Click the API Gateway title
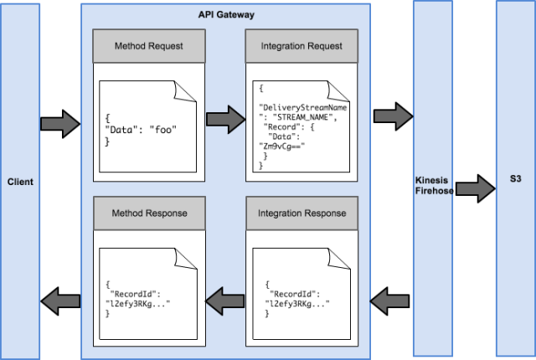pyautogui.click(x=226, y=15)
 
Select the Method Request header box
pyautogui.click(x=149, y=46)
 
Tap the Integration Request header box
pyautogui.click(x=301, y=46)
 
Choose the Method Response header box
pyautogui.click(x=149, y=213)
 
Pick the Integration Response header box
pyautogui.click(x=301, y=213)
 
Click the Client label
pyautogui.click(x=20, y=182)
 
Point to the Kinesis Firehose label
pyautogui.click(x=434, y=186)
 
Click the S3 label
pyautogui.click(x=516, y=178)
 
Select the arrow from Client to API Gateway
pyautogui.click(x=60, y=124)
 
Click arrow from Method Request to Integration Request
pyautogui.click(x=226, y=119)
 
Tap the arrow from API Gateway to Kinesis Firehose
pyautogui.click(x=393, y=116)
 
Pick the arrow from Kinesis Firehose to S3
pyautogui.click(x=476, y=188)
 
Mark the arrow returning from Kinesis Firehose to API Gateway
pyautogui.click(x=389, y=301)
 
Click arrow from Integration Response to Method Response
pyautogui.click(x=225, y=301)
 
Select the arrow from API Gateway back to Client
pyautogui.click(x=60, y=301)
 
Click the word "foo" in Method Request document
pyautogui.click(x=163, y=130)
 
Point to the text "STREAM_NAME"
pyautogui.click(x=302, y=117)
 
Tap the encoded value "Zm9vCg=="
pyautogui.click(x=282, y=147)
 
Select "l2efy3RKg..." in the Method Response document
pyautogui.click(x=137, y=304)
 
